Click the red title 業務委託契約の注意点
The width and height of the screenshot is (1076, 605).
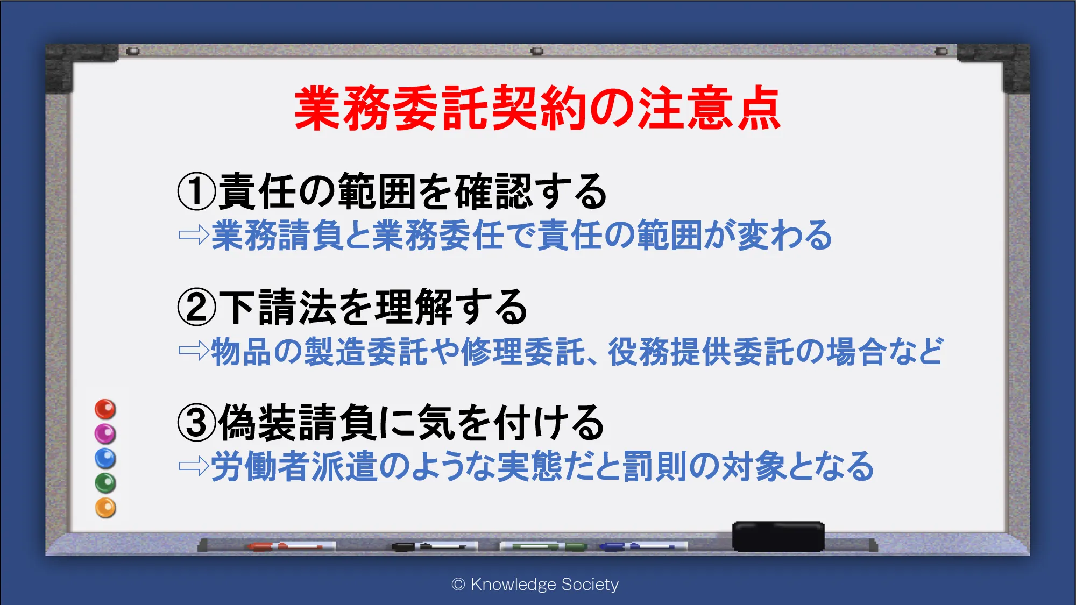(x=537, y=108)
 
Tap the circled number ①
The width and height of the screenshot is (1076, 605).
(x=197, y=191)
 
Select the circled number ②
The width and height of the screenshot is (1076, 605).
(x=197, y=307)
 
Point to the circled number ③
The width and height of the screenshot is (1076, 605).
(x=197, y=423)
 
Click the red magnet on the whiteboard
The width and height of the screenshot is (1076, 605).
(x=105, y=409)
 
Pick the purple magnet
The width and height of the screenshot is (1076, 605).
(x=105, y=433)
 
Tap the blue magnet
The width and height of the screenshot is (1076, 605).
(x=105, y=458)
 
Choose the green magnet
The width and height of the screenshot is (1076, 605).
(x=105, y=483)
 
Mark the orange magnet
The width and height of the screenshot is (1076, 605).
(x=105, y=508)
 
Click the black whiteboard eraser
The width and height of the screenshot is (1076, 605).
(x=778, y=536)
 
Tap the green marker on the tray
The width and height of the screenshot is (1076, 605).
(x=543, y=546)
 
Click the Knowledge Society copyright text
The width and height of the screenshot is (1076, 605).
(x=535, y=585)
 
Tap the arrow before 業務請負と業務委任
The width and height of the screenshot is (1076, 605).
(x=194, y=234)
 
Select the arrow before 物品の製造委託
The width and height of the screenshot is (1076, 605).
(x=194, y=351)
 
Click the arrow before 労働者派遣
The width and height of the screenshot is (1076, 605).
(x=194, y=466)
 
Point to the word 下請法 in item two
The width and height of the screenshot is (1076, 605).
(x=278, y=307)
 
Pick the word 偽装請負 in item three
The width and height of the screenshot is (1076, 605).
(x=298, y=423)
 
